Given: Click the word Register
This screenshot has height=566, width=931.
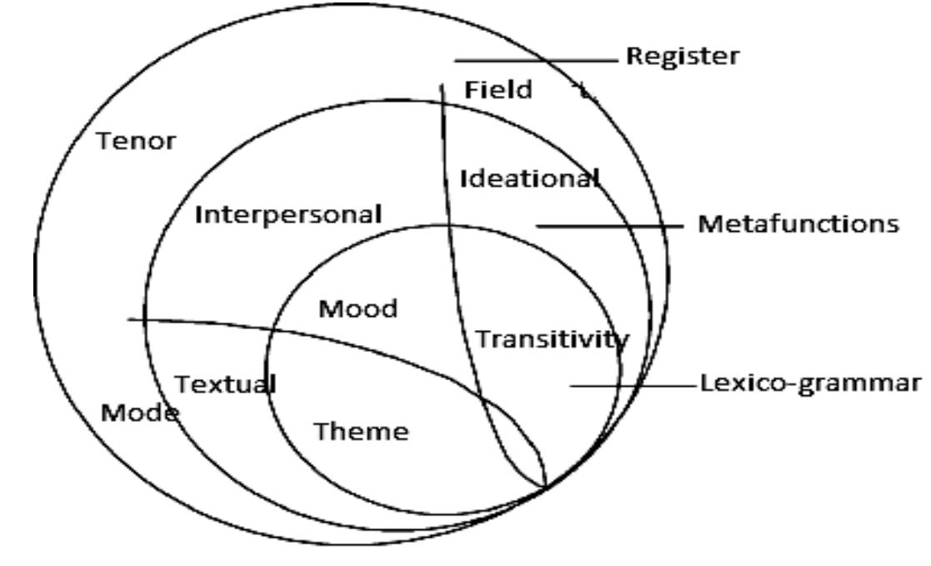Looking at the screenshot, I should [682, 57].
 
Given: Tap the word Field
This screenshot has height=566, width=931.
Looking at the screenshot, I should [498, 90].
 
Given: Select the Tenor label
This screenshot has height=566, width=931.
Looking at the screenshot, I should [136, 141].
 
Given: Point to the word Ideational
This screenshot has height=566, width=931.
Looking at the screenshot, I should [530, 178].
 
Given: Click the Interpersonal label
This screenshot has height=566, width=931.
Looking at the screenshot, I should [288, 214].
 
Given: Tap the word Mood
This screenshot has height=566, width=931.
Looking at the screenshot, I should [359, 309].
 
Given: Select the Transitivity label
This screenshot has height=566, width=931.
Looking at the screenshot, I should [552, 338].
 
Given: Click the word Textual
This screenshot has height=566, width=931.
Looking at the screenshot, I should [225, 384].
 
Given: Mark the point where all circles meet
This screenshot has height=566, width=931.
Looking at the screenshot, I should [546, 487].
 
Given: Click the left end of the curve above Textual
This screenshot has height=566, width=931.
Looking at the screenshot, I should [129, 319].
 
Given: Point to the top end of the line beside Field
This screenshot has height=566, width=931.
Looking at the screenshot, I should [442, 82].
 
